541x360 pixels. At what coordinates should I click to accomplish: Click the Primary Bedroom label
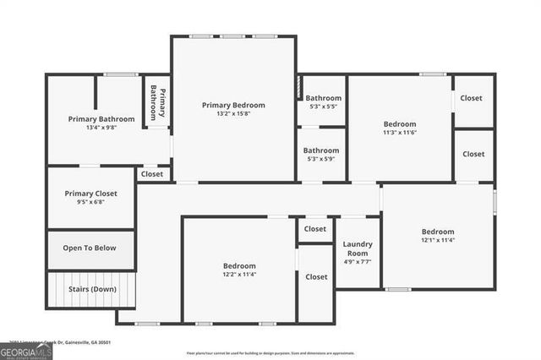[x=233, y=105]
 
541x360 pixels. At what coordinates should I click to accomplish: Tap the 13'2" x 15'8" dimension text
[x=233, y=114]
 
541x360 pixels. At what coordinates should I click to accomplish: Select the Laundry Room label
[x=357, y=248]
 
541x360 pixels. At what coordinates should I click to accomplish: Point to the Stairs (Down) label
[x=92, y=289]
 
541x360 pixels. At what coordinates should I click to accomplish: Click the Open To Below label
[x=90, y=248]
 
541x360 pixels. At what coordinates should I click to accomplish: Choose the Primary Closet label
[x=90, y=194]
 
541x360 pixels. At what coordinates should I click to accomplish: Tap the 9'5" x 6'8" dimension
[x=90, y=203]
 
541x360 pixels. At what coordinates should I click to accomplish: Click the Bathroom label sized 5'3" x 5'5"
[x=323, y=97]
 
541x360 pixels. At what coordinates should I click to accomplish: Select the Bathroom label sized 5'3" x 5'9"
[x=321, y=150]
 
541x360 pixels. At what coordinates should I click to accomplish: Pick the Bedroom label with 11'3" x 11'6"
[x=400, y=123]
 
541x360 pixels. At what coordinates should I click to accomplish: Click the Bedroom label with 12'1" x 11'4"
[x=438, y=231]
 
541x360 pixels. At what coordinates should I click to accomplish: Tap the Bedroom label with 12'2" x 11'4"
[x=239, y=265]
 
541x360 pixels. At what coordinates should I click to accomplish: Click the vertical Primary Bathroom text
[x=158, y=102]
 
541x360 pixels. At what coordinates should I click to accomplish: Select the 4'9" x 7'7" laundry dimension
[x=357, y=262]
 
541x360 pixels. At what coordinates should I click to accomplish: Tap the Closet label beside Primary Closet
[x=152, y=174]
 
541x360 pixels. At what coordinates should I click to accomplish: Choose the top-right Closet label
[x=471, y=98]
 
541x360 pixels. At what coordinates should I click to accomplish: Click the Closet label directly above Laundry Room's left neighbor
[x=315, y=228]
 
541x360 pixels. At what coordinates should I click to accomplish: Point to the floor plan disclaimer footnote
[x=270, y=353]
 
